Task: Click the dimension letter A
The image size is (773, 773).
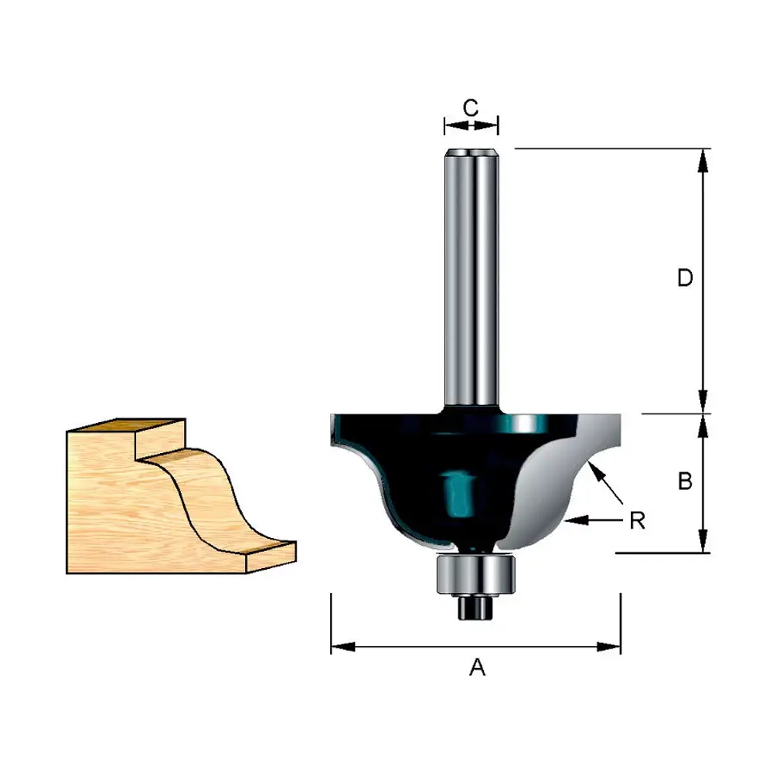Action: pyautogui.click(x=477, y=668)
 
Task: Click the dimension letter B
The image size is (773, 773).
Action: pyautogui.click(x=685, y=481)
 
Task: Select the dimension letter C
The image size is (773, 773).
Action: pyautogui.click(x=471, y=107)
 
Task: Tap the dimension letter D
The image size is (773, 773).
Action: pyautogui.click(x=685, y=278)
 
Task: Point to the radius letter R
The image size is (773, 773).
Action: pyautogui.click(x=638, y=520)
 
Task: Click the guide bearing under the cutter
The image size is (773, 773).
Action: pyautogui.click(x=475, y=574)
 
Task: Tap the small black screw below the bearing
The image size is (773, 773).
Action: pyautogui.click(x=475, y=607)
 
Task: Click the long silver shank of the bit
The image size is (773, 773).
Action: pyautogui.click(x=472, y=278)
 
